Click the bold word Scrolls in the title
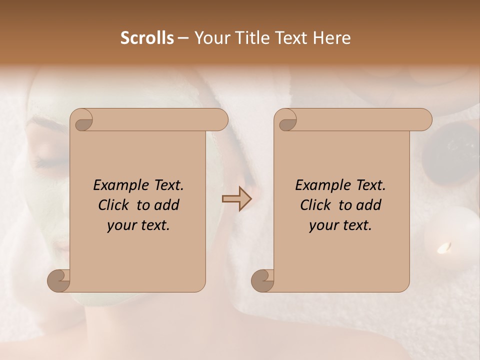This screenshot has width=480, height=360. [x=147, y=38]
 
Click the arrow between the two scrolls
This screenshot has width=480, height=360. [x=236, y=199]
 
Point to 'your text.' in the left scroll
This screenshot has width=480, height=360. [x=138, y=225]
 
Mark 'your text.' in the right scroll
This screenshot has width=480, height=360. [x=340, y=225]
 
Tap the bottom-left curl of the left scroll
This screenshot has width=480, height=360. [x=58, y=279]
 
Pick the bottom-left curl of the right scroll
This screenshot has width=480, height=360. [x=262, y=279]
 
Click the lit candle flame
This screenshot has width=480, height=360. [x=443, y=247]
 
